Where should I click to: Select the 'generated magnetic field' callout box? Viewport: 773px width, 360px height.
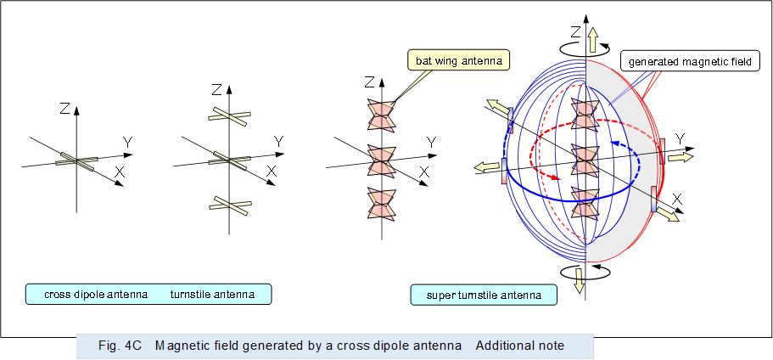click(x=689, y=61)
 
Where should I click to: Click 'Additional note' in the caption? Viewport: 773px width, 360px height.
click(x=520, y=346)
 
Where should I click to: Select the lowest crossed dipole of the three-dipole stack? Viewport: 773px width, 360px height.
click(x=229, y=204)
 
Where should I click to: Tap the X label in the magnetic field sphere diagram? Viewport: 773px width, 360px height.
click(x=678, y=198)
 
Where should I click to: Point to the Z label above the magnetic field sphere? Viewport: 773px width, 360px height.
click(x=574, y=32)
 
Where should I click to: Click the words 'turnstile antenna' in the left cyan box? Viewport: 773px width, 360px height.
click(x=211, y=295)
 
